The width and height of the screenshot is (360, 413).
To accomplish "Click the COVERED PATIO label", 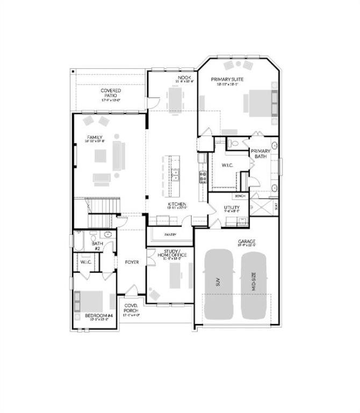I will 111,94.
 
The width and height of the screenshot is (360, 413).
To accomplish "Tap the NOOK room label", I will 182,79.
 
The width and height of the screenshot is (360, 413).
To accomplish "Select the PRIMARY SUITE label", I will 231,80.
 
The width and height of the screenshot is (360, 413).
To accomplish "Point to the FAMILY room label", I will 95,138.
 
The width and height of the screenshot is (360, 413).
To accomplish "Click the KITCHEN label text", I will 176,204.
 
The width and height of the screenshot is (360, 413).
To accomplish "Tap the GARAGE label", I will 247,241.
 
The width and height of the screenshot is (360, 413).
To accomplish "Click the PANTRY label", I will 170,234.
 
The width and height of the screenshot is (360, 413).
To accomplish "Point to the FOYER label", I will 132,262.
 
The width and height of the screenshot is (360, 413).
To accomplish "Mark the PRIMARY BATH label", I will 261,154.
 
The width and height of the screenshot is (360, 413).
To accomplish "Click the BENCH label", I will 240,196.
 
